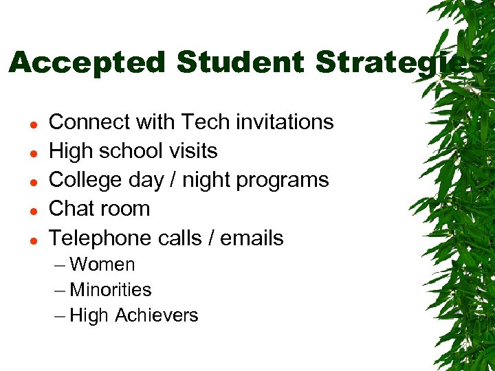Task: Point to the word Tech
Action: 206,122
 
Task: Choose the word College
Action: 86,180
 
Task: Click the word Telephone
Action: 101,238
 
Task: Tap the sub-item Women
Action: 102,265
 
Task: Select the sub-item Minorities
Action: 111,290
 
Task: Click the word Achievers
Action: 157,315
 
